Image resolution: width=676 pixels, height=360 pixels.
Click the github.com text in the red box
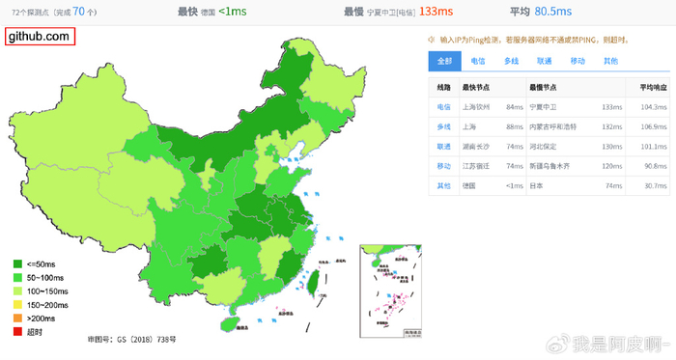[39, 36]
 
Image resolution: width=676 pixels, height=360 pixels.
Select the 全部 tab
[444, 60]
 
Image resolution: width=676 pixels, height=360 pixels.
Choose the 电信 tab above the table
[478, 60]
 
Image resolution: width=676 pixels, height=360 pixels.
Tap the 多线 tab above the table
[512, 60]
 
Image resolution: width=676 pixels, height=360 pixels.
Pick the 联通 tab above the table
[545, 60]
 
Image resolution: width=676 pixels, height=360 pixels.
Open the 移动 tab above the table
[577, 60]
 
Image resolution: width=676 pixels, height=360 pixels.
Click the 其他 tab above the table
[610, 60]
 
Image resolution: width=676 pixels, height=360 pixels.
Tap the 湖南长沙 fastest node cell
[479, 146]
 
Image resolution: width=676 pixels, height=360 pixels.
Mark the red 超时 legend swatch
[17, 332]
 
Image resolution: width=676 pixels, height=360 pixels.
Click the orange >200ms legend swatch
[17, 318]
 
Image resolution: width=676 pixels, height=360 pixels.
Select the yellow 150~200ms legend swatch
[17, 304]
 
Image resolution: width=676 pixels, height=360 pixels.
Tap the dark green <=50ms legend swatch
[17, 263]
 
